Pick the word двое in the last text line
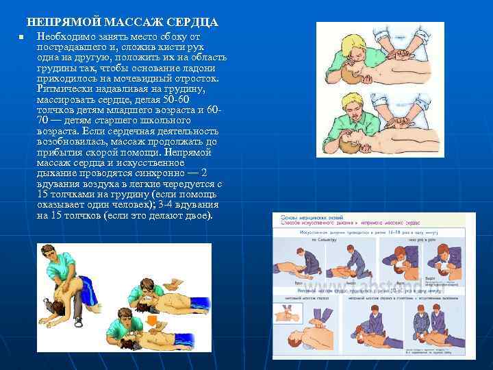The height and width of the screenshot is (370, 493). [x=198, y=215]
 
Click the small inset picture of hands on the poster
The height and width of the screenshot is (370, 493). [x=286, y=313]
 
